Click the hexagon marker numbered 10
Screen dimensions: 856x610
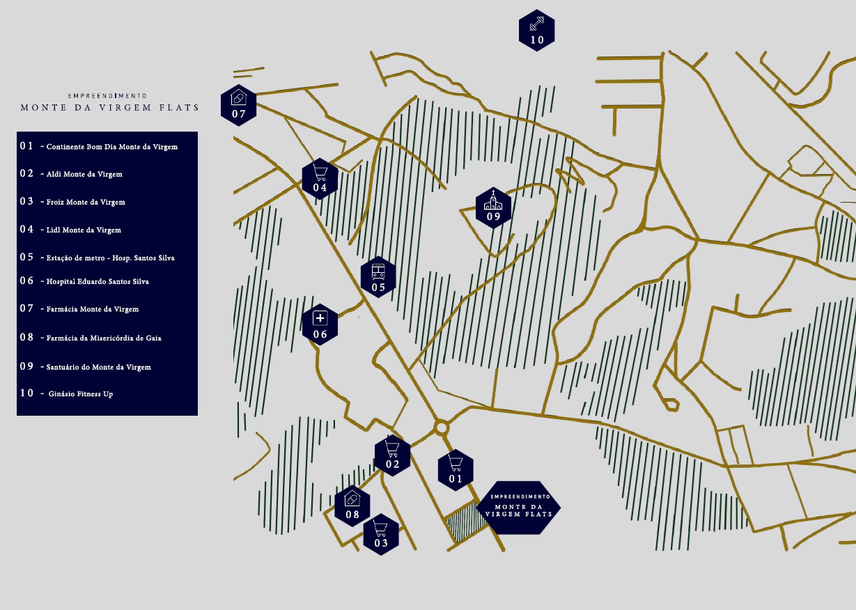pyautogui.click(x=536, y=30)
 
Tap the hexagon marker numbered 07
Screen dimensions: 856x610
pyautogui.click(x=238, y=105)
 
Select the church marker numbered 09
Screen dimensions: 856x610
pyautogui.click(x=493, y=208)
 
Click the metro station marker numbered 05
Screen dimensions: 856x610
pyautogui.click(x=378, y=277)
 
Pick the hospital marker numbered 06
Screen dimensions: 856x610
pyautogui.click(x=320, y=324)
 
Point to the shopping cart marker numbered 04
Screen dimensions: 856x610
pyautogui.click(x=320, y=179)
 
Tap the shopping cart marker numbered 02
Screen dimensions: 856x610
pyautogui.click(x=392, y=455)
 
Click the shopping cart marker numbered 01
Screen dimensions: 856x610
pyautogui.click(x=456, y=470)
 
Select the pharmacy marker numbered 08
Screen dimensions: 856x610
pyautogui.click(x=352, y=506)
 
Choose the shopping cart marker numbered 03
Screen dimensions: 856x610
pyautogui.click(x=381, y=534)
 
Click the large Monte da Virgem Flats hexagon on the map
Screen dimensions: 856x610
pyautogui.click(x=519, y=508)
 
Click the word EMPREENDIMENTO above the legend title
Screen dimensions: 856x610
pyautogui.click(x=107, y=96)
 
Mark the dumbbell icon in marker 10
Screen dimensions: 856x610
pyautogui.click(x=537, y=24)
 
